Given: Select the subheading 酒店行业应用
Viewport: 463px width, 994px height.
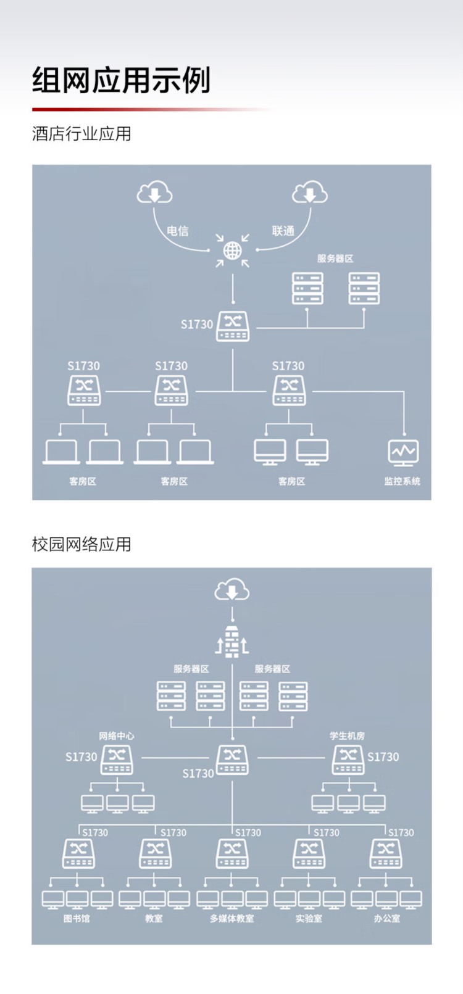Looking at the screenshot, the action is tap(81, 133).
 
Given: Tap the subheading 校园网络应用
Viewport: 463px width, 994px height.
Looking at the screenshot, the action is tap(81, 544).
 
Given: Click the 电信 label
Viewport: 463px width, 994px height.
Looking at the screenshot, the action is tap(178, 231).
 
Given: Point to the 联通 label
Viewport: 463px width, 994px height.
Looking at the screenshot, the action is tap(283, 231).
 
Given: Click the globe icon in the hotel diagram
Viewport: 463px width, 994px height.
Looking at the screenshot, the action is tap(232, 251).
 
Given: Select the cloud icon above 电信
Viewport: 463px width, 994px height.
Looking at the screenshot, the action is tap(154, 192).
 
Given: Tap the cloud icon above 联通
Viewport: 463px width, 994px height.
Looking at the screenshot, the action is tap(310, 192).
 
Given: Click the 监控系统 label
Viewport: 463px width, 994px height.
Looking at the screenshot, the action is tap(402, 481).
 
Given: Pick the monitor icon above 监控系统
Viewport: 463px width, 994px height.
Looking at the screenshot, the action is tap(403, 453).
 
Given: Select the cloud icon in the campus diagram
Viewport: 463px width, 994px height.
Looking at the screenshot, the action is tap(231, 589).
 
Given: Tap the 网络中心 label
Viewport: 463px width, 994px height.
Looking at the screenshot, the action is tap(116, 735).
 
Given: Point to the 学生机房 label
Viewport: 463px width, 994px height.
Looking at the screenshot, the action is tap(347, 735).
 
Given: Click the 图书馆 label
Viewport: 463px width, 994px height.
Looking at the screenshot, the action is tap(77, 919).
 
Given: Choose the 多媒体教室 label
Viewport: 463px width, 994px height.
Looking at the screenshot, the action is tap(231, 919).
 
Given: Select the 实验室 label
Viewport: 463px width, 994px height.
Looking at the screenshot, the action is tap(309, 919).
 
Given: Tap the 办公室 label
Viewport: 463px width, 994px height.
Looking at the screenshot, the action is tap(386, 919).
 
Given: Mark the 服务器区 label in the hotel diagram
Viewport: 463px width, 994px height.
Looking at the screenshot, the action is tap(335, 259).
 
